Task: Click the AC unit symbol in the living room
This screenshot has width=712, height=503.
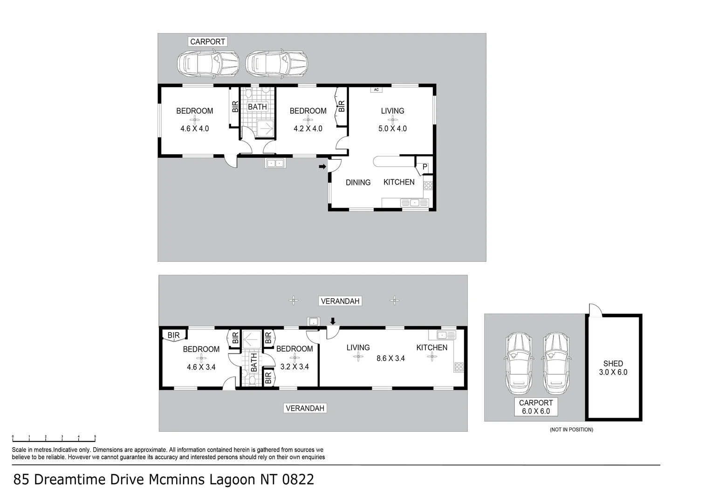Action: (376, 89)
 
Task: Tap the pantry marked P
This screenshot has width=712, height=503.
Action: (424, 167)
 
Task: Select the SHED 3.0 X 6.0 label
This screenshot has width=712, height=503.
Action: (613, 368)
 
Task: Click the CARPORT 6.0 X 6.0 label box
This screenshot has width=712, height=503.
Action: (536, 407)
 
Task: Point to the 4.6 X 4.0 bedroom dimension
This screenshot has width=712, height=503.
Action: (194, 129)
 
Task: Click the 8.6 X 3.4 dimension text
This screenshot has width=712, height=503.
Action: (390, 358)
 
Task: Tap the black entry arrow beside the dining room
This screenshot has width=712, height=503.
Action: (322, 166)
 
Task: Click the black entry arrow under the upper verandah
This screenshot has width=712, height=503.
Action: (332, 321)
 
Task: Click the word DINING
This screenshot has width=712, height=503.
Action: (358, 183)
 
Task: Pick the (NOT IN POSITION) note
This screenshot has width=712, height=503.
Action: (571, 429)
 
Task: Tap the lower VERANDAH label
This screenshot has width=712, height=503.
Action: (305, 408)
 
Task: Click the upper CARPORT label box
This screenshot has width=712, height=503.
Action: (207, 41)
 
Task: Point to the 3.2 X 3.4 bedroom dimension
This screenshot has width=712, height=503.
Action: (294, 367)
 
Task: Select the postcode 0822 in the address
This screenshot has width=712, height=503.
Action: (298, 479)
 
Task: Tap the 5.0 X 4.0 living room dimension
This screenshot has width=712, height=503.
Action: (392, 129)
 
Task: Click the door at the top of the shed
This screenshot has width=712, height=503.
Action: (595, 310)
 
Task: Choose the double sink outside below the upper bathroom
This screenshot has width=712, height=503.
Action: (275, 163)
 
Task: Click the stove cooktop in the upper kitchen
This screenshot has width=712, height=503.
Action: (428, 185)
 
